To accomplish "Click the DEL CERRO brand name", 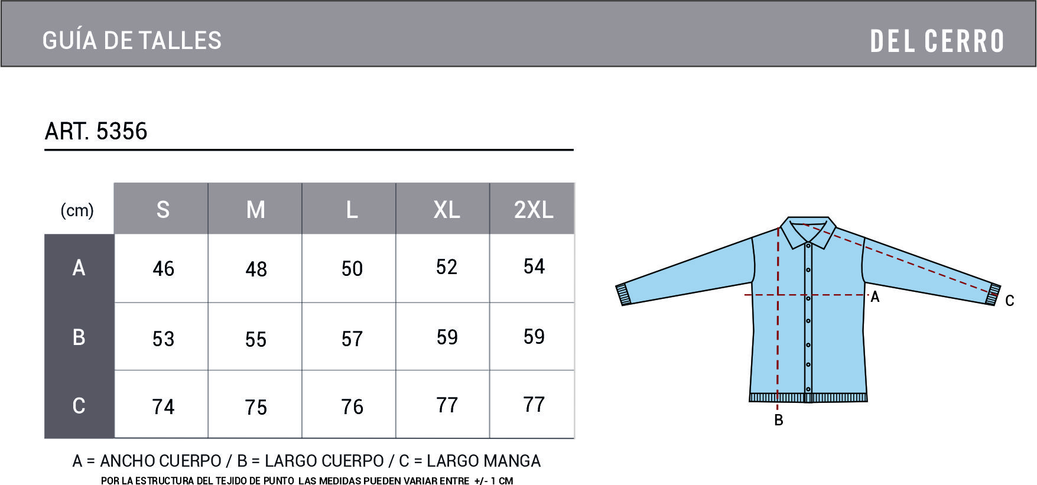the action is pos(937,41).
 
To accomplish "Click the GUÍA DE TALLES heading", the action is pos(132,40).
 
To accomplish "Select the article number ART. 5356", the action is pos(96,131).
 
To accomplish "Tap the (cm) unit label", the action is pos(77,210).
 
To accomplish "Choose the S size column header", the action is pos(163,210).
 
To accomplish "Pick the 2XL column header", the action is pos(534,210).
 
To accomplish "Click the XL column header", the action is pos(447,210).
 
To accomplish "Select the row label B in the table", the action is pos(79,337).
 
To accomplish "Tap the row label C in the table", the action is pos(79,405).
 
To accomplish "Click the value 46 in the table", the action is pos(164,269).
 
